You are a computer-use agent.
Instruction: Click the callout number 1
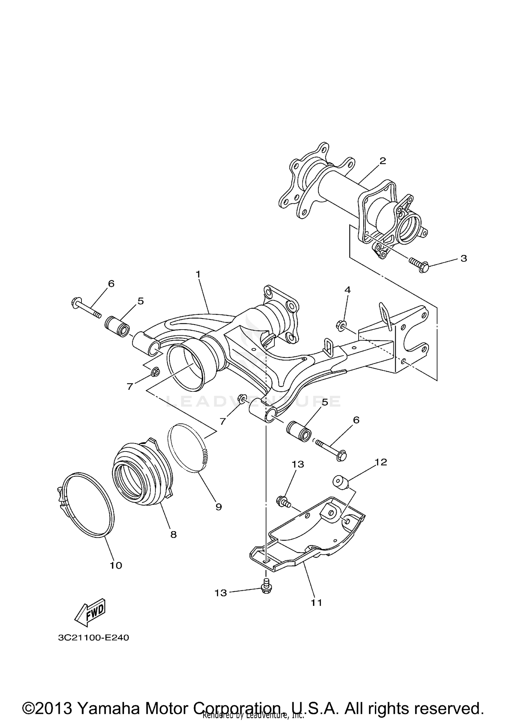(198, 274)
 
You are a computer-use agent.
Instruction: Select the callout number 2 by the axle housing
(382, 161)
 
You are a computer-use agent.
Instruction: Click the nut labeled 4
(341, 325)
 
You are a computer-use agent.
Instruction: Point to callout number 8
(173, 535)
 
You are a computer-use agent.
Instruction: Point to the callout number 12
(381, 462)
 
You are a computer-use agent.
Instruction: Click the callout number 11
(316, 602)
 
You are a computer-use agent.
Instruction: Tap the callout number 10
(116, 565)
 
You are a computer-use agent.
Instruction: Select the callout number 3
(464, 258)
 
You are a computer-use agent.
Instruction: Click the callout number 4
(347, 289)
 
